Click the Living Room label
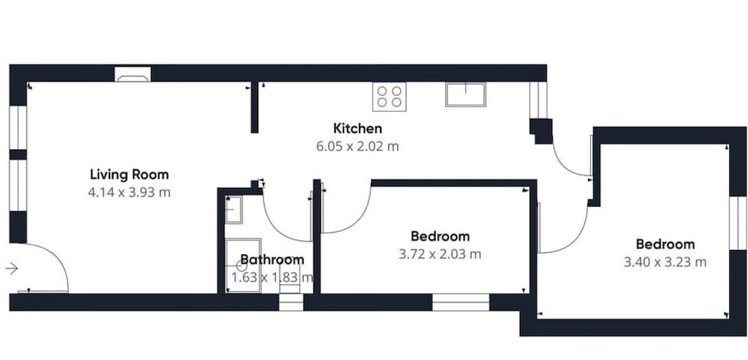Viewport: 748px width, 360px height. point(129,174)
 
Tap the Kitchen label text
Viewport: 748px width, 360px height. point(358,129)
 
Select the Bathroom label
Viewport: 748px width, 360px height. point(272,260)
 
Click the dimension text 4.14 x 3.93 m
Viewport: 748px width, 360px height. point(129,192)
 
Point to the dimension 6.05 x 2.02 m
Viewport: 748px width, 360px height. point(358,146)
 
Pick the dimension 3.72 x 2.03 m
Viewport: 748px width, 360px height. point(440,254)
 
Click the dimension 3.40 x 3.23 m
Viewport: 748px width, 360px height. point(665,262)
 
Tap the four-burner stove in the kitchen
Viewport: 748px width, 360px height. point(389,97)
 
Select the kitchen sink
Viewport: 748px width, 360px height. point(465,94)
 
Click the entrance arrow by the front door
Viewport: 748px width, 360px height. point(11,269)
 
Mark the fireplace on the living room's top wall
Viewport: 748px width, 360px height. point(132,75)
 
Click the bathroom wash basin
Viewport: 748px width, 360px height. point(233,209)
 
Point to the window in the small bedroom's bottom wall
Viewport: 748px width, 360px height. point(461,302)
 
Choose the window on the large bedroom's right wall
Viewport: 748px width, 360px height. point(738,222)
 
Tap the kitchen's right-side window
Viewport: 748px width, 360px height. point(538,100)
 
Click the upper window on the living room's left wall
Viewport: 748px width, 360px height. point(18,127)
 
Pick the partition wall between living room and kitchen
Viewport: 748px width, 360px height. point(254,108)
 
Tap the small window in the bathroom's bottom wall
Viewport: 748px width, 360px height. point(291,302)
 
